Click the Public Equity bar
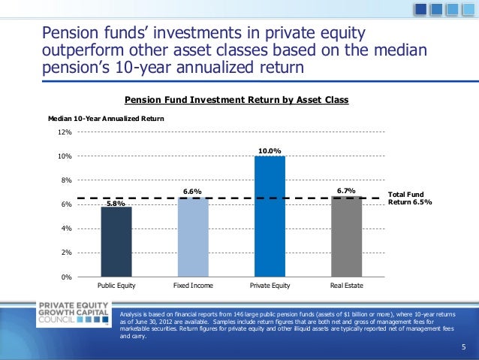click(x=116, y=241)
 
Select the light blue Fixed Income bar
click(x=193, y=237)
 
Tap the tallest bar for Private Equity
click(x=270, y=216)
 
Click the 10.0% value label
click(x=270, y=151)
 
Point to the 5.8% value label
click(x=116, y=203)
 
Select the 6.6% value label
click(x=193, y=192)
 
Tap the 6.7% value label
click(x=346, y=191)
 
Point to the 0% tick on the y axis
click(x=66, y=277)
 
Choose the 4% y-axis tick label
click(x=66, y=228)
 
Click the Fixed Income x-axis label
click(x=193, y=286)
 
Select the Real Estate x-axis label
click(x=346, y=286)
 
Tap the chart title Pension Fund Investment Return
click(x=236, y=99)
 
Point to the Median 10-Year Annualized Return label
click(x=106, y=119)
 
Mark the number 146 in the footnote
click(x=238, y=312)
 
